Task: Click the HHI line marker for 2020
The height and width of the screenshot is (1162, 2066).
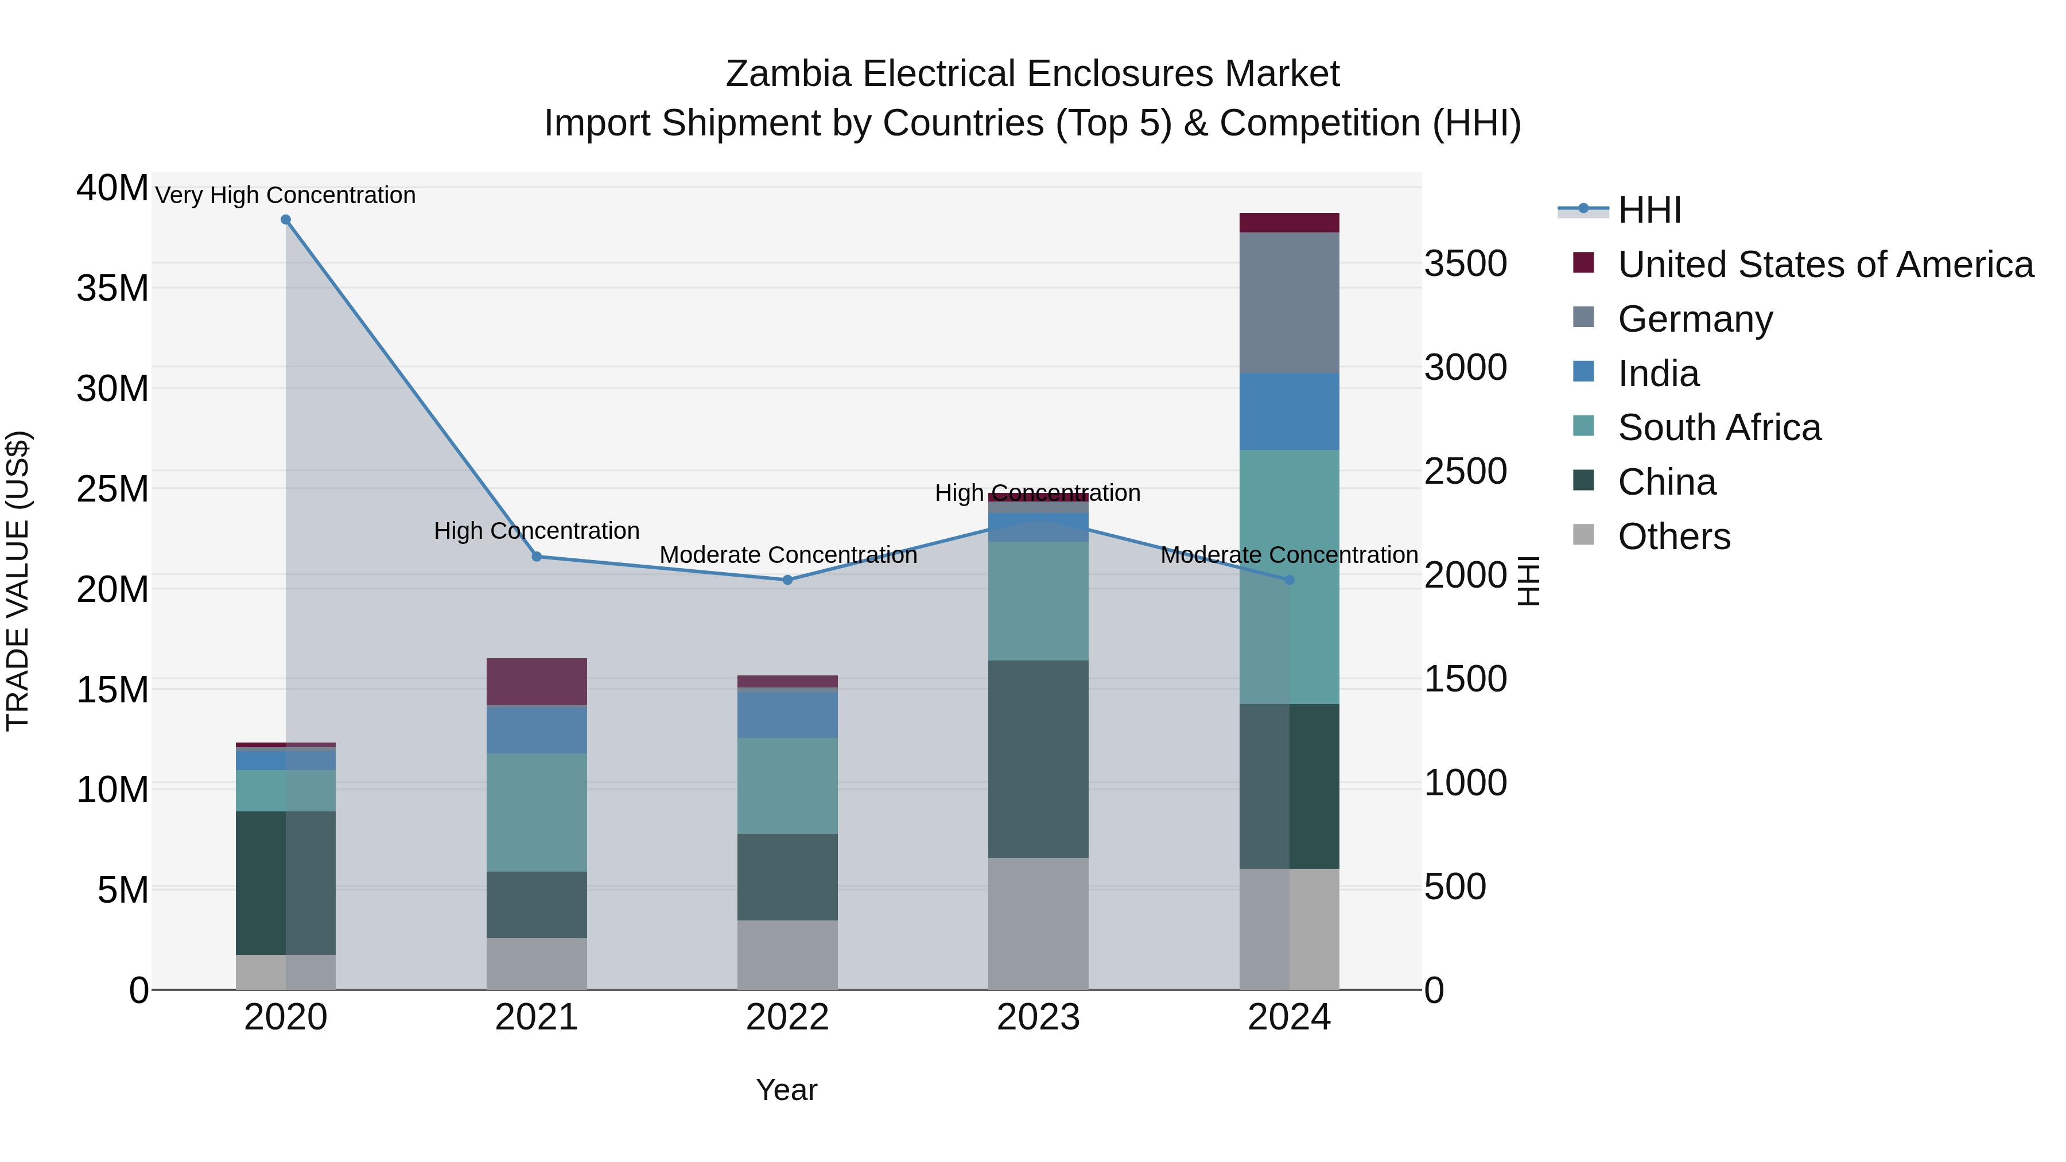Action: [x=286, y=220]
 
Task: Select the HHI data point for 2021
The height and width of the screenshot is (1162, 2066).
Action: [x=537, y=557]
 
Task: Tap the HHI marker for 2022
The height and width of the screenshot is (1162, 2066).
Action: [x=787, y=580]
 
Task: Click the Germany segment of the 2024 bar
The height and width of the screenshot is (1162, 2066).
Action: [x=1289, y=302]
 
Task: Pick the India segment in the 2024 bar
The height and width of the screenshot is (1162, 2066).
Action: [x=1289, y=411]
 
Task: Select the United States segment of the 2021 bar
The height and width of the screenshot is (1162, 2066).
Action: [x=537, y=682]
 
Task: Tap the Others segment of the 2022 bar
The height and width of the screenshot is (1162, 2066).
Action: [x=787, y=954]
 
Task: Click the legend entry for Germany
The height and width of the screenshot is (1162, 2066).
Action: [x=1694, y=319]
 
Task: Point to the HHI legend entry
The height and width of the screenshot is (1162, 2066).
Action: [x=1648, y=210]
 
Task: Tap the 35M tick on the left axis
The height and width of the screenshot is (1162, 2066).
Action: [x=112, y=288]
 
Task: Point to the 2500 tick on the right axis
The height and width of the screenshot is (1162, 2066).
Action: [x=1465, y=472]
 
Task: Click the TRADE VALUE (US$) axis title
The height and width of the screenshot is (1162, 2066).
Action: [x=18, y=581]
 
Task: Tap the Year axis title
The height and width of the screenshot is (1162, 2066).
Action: [x=786, y=1090]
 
